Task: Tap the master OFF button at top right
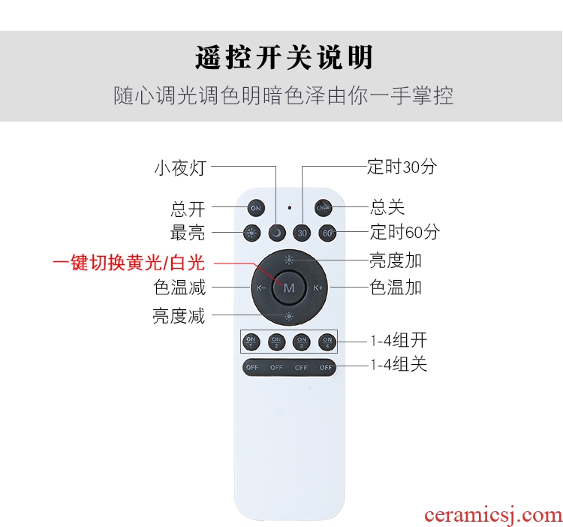(x=323, y=208)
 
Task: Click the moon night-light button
(x=277, y=233)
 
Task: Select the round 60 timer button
(x=327, y=233)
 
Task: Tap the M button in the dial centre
(x=289, y=288)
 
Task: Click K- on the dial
(x=260, y=288)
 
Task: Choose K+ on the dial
(x=318, y=288)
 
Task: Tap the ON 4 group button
(x=327, y=342)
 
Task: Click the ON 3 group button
(x=302, y=342)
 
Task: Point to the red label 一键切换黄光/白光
(x=129, y=263)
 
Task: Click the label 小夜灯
(x=180, y=168)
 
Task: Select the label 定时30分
(x=402, y=167)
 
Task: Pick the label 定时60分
(x=405, y=231)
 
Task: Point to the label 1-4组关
(x=399, y=365)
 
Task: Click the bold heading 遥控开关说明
(x=284, y=58)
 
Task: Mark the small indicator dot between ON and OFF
(x=290, y=207)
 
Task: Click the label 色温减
(x=179, y=288)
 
